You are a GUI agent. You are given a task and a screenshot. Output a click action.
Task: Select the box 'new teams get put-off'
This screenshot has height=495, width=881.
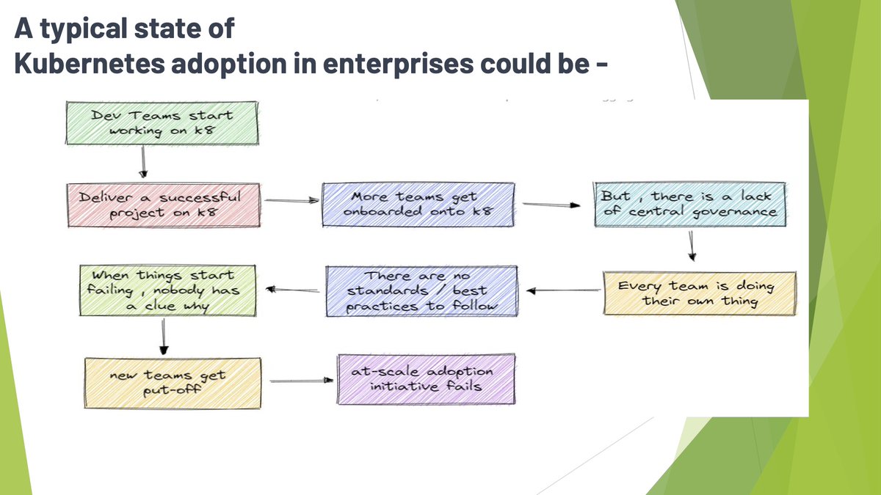point(173,382)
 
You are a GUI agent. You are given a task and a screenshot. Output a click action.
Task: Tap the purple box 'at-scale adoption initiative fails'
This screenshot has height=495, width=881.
point(426,378)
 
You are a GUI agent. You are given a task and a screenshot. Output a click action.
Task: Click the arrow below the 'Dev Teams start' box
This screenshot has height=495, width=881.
point(143,162)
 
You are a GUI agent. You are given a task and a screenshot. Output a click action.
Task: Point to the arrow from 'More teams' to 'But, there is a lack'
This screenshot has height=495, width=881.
point(550,205)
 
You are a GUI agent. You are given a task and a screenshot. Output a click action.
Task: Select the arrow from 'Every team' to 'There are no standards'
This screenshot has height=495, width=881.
point(562,290)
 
